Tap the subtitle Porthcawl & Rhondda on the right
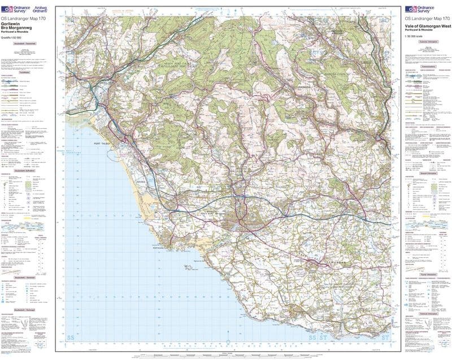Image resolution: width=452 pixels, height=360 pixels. click(418, 32)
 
